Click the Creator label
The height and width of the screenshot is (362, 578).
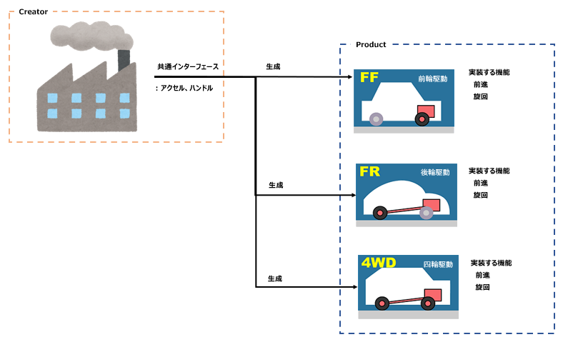point(33,12)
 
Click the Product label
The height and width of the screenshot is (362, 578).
point(371,44)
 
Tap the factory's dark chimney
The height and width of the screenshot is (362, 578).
point(124,60)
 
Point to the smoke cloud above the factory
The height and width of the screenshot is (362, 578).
point(91,36)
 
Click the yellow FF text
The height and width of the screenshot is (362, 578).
point(369,77)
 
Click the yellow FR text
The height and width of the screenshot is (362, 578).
point(369,171)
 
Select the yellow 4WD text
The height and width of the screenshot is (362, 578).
point(379,263)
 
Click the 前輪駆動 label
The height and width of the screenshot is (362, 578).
point(433,79)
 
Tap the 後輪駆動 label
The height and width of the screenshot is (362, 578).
point(435,172)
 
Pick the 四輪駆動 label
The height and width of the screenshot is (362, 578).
point(438,264)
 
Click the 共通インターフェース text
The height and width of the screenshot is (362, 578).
point(188,66)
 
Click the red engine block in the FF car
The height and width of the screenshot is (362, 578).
point(426,111)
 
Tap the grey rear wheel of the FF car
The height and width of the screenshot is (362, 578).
point(377,119)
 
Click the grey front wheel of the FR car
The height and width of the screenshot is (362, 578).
point(426,213)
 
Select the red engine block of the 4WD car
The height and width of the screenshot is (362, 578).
point(433,295)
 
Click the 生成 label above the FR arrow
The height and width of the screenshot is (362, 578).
point(276,185)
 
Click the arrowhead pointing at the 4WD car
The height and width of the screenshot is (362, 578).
point(355,287)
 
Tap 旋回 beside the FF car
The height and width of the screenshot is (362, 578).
point(481,96)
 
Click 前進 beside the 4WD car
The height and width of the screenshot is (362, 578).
point(482,275)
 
